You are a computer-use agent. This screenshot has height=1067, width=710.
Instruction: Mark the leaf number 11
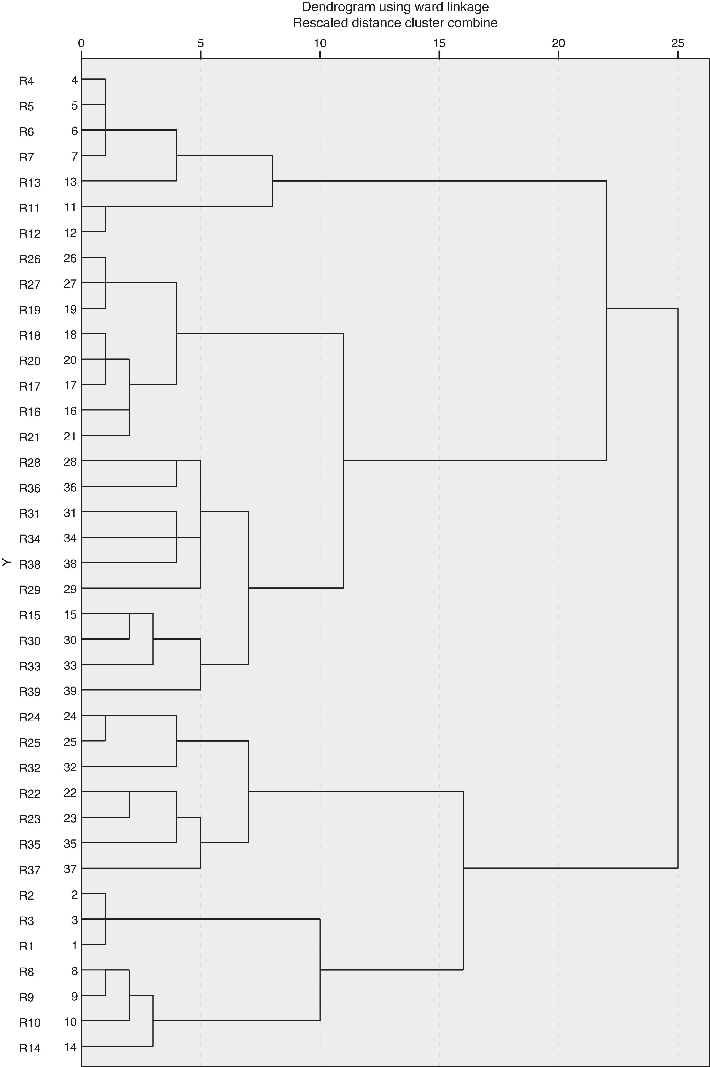tap(70, 208)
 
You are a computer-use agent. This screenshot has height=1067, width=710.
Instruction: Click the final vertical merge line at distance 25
tap(678, 589)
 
